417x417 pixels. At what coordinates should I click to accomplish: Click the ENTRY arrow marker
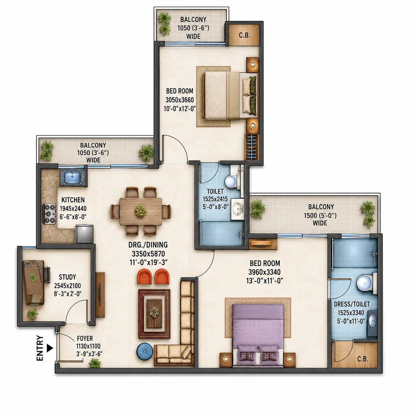point(50,348)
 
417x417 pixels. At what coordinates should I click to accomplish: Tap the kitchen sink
point(72,177)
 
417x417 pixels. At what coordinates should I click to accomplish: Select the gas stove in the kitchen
point(49,213)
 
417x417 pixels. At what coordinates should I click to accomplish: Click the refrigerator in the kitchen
point(84,234)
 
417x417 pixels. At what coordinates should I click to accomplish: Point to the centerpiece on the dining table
point(141,211)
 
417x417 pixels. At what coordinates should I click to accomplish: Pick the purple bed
point(257,336)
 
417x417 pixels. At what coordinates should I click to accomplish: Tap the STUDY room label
point(67,277)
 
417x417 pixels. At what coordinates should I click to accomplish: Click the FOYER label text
point(85,338)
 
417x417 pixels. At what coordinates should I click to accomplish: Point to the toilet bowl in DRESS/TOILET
point(366,283)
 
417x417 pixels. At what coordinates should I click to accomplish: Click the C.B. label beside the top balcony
point(244,35)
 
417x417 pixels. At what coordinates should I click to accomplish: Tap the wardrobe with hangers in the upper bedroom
point(252,147)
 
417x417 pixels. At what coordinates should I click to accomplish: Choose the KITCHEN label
point(73,200)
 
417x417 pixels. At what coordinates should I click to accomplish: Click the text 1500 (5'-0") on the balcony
point(320,215)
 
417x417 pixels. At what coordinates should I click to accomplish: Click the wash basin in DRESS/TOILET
point(372,320)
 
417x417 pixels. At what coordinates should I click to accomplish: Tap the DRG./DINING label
point(148,245)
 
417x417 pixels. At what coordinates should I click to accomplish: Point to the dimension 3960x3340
point(264,272)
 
